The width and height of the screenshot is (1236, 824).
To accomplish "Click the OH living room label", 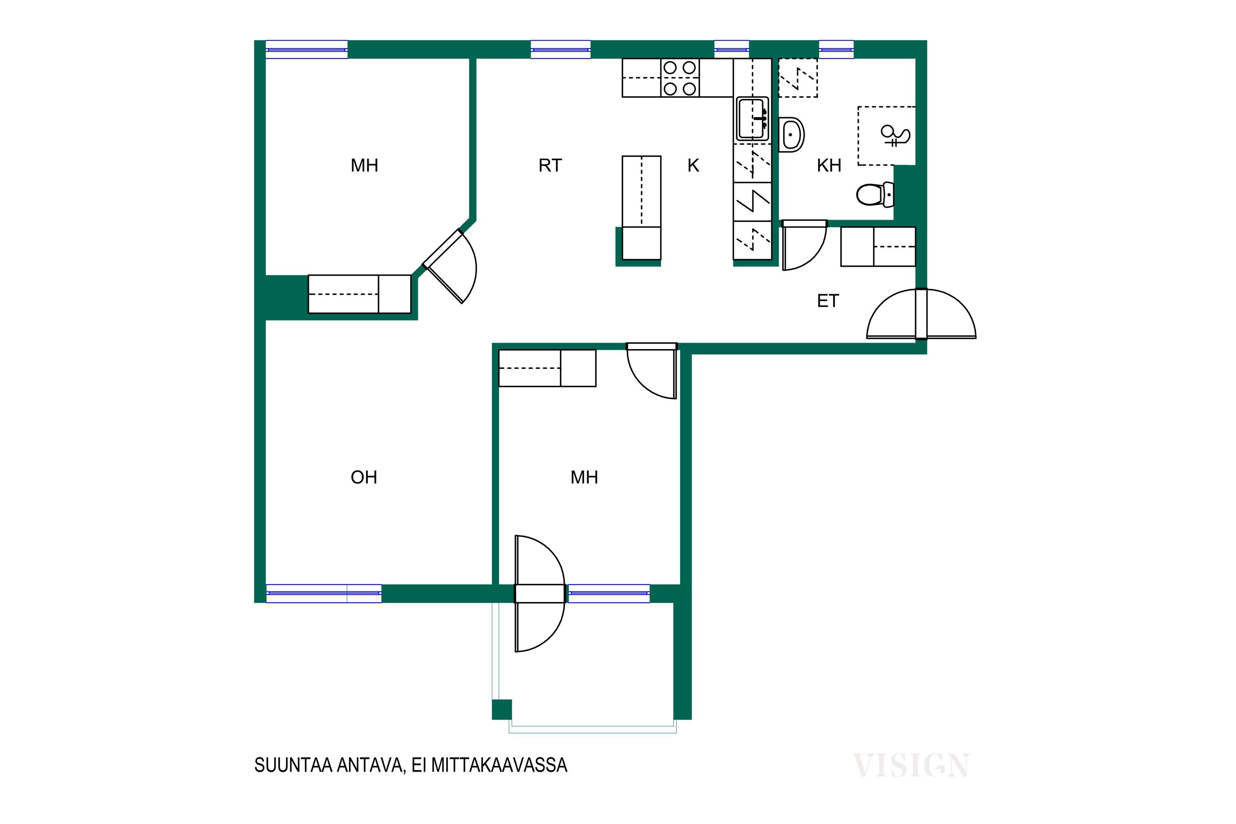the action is coord(364,477).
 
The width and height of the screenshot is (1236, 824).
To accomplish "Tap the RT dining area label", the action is coord(550,166).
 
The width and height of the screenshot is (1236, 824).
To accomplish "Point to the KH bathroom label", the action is coord(829,166).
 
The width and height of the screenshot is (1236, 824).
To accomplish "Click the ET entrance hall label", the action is coord(828,301).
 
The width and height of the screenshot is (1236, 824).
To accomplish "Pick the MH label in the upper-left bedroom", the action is coord(364,166).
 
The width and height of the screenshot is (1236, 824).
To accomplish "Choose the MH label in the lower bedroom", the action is coord(584,477).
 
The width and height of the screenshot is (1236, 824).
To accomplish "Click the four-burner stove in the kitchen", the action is coord(680,78).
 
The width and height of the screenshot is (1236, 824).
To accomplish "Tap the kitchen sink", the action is coord(753,119).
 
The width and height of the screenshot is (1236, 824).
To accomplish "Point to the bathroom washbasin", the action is coord(791,135).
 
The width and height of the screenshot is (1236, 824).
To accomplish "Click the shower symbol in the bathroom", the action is coord(895,136).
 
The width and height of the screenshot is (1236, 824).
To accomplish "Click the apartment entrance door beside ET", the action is coord(921,314).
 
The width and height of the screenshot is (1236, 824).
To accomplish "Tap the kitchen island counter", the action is coord(641,208).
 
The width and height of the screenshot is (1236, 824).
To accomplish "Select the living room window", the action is coord(324,593).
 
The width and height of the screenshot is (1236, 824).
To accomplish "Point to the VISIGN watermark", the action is coord(911,765).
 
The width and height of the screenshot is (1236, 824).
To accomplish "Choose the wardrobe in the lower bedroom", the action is coord(547,368).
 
